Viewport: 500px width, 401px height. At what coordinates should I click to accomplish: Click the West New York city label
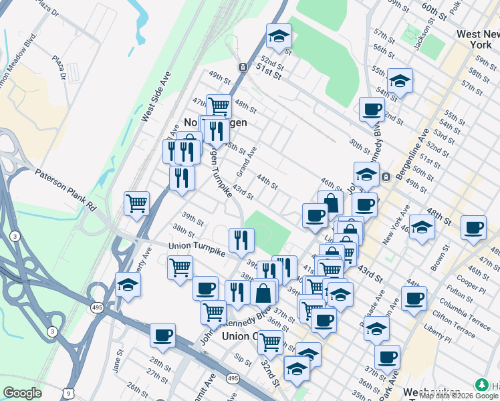coord(477,39)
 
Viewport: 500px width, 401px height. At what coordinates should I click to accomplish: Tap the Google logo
coord(22,393)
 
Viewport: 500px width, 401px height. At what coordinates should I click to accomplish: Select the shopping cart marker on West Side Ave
coord(136,203)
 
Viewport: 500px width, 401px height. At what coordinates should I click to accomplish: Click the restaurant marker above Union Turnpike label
coord(241,239)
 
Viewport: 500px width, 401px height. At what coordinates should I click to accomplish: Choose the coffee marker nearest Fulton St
coord(414,298)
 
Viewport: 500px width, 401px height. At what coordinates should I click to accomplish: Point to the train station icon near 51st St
coord(243,68)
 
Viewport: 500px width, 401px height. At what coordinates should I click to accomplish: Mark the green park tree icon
coord(480,385)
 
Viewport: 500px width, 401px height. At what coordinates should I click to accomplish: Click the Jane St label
coord(118,366)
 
